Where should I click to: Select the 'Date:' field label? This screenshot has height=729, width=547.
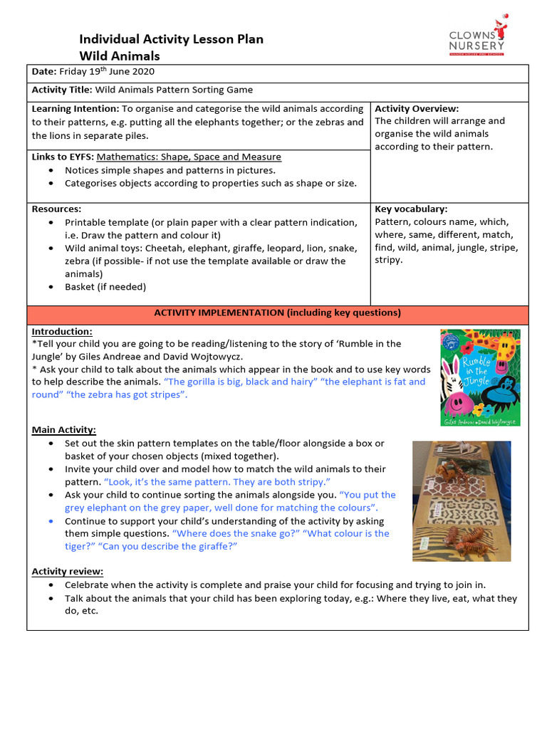coord(44,71)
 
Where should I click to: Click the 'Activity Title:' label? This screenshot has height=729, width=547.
coord(62,90)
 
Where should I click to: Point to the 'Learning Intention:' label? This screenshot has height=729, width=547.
coord(75,109)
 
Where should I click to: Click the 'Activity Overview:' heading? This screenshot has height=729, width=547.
coord(417,109)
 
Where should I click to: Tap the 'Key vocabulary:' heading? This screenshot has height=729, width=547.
coord(411,209)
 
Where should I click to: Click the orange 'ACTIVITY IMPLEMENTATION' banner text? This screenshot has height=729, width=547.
coord(277,313)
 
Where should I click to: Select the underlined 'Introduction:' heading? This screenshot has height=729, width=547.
coord(62,332)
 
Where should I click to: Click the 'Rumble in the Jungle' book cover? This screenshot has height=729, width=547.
coord(480,377)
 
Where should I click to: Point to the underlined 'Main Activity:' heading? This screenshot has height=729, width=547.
coord(64,430)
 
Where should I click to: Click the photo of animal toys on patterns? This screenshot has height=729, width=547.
coord(462,501)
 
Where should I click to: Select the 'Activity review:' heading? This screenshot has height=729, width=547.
coord(68,572)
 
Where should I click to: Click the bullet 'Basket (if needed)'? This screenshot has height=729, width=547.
coord(105,287)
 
